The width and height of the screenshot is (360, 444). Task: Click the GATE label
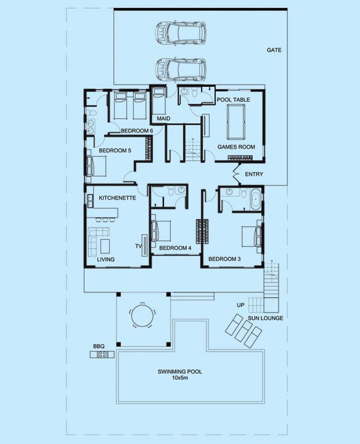pyautogui.click(x=274, y=50)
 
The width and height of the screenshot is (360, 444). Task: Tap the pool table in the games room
pyautogui.click(x=235, y=122)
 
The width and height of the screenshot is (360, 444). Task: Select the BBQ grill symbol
pyautogui.click(x=102, y=354)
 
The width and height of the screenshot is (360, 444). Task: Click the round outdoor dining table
pyautogui.click(x=142, y=315)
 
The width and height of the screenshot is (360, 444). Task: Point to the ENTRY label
pyautogui.click(x=254, y=174)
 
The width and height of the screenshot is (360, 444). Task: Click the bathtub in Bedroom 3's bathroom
pyautogui.click(x=256, y=199)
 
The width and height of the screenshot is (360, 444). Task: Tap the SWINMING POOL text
pyautogui.click(x=180, y=371)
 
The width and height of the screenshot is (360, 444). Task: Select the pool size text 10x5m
pyautogui.click(x=180, y=378)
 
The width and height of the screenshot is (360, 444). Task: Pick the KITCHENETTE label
pyautogui.click(x=117, y=198)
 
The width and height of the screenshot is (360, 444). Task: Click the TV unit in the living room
pyautogui.click(x=144, y=245)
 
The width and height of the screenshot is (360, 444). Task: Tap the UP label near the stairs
pyautogui.click(x=240, y=305)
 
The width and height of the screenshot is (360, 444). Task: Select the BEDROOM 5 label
pyautogui.click(x=115, y=150)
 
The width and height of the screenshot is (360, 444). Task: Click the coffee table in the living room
pyautogui.click(x=105, y=246)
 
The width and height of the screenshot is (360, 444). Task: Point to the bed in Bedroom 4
pyautogui.click(x=161, y=231)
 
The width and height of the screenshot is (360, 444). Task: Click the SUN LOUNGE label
pyautogui.click(x=266, y=318)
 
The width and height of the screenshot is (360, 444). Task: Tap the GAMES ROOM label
pyautogui.click(x=236, y=147)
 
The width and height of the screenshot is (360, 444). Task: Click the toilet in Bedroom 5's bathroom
pyautogui.click(x=91, y=113)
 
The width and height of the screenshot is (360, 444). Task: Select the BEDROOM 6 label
pyautogui.click(x=137, y=131)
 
